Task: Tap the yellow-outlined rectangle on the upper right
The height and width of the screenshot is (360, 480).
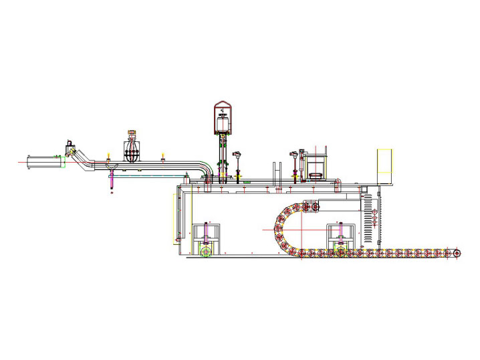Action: [x=385, y=166]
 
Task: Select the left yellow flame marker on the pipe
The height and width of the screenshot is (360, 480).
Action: [x=109, y=156]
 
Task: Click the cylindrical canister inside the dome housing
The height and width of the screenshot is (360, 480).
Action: [x=222, y=122]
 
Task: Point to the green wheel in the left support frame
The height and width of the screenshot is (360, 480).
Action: [x=207, y=252]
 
